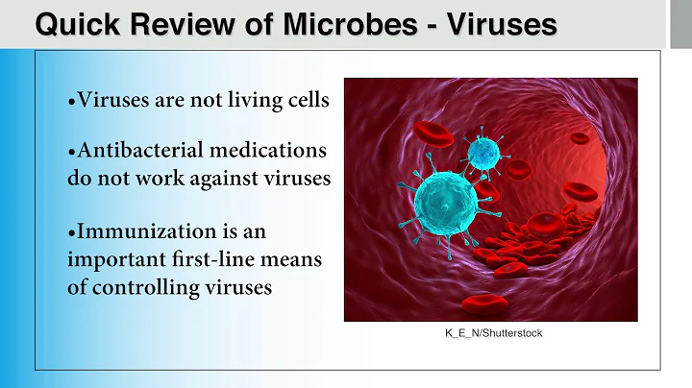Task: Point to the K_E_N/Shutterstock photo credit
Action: (x=492, y=332)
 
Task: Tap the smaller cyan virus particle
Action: (x=483, y=152)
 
